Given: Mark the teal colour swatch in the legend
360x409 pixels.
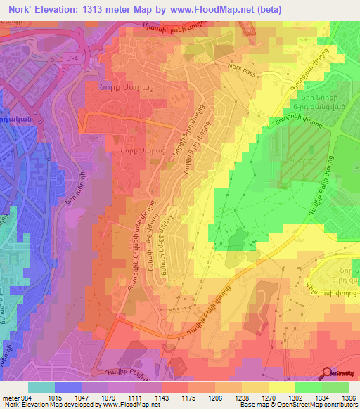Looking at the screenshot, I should pyautogui.click(x=41, y=387).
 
